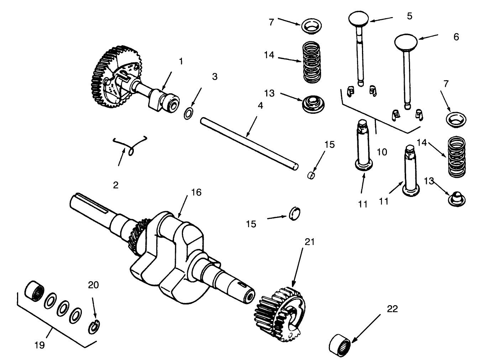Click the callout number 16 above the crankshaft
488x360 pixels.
pos(196,193)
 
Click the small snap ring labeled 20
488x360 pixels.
pos(94,327)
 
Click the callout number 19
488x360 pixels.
pos(40,345)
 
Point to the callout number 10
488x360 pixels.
pos(382,152)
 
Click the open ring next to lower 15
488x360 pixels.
pos(295,214)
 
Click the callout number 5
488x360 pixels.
pos(410,16)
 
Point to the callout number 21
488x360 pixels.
pos(310,242)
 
